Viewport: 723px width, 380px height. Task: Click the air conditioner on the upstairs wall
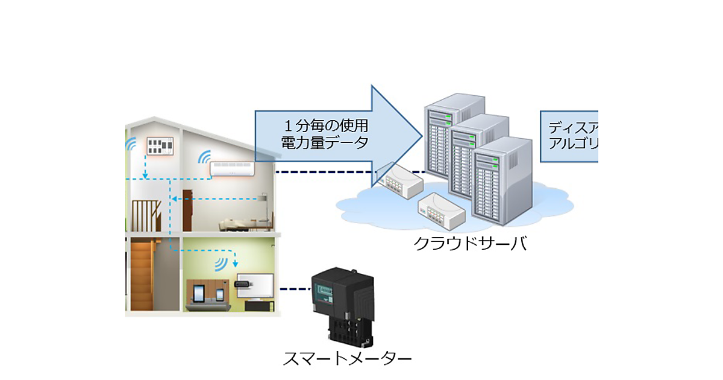point(233,168)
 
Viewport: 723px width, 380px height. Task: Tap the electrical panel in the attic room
point(160,145)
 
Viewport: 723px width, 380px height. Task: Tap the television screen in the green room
point(253,283)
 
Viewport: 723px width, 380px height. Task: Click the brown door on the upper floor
point(187,211)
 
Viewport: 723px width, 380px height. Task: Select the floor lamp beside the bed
point(263,208)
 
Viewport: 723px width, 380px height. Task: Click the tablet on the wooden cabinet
point(199,294)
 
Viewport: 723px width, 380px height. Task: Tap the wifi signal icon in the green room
point(222,264)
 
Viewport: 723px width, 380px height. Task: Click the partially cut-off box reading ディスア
point(569,136)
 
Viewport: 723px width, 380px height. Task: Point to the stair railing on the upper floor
point(146,214)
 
